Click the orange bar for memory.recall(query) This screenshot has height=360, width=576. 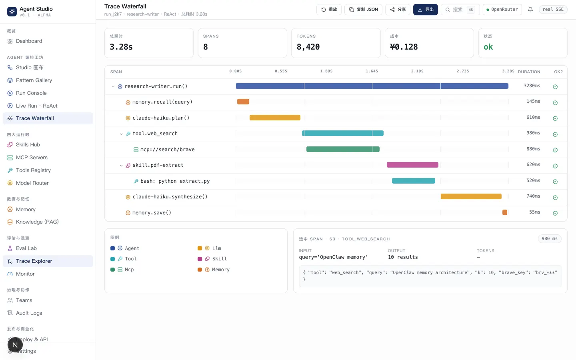click(243, 102)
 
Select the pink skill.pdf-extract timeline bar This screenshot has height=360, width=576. click(412, 165)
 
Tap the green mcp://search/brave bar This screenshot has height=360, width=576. click(343, 149)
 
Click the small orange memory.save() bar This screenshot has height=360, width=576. click(505, 212)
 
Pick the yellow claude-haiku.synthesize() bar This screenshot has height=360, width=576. click(471, 196)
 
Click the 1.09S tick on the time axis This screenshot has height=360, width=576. click(326, 71)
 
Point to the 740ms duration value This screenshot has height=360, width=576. click(533, 196)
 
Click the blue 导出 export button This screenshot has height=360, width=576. click(425, 10)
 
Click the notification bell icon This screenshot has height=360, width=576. click(530, 10)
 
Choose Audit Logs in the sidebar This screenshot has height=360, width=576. click(25, 313)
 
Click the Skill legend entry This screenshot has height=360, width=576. click(212, 259)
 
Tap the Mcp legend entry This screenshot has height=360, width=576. click(122, 270)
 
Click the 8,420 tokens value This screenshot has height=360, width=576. click(308, 47)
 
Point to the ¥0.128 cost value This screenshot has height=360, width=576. click(404, 47)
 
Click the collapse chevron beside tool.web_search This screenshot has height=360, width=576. click(121, 134)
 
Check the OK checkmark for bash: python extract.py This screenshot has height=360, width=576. click(555, 182)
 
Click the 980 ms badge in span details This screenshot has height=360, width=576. click(550, 239)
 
